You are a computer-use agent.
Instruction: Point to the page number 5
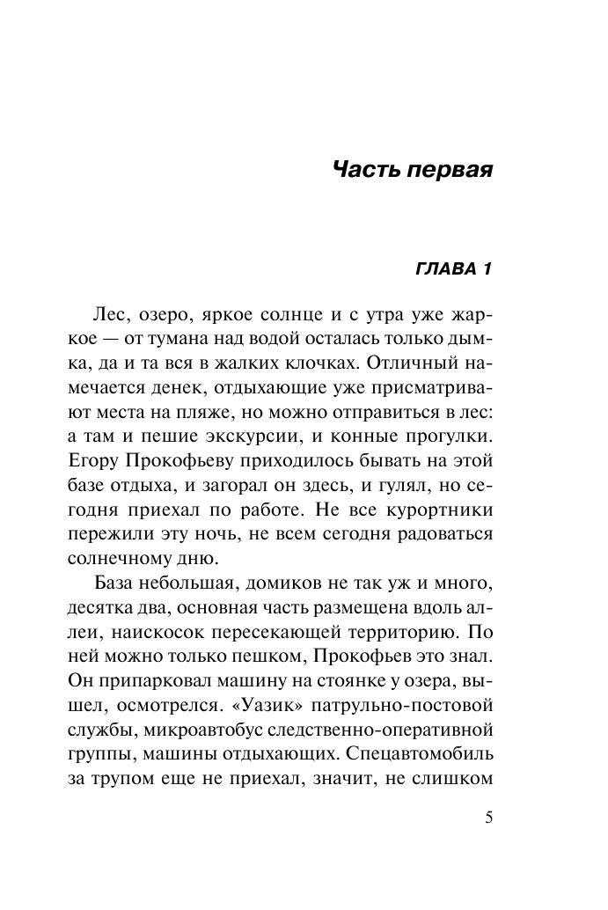489,818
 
